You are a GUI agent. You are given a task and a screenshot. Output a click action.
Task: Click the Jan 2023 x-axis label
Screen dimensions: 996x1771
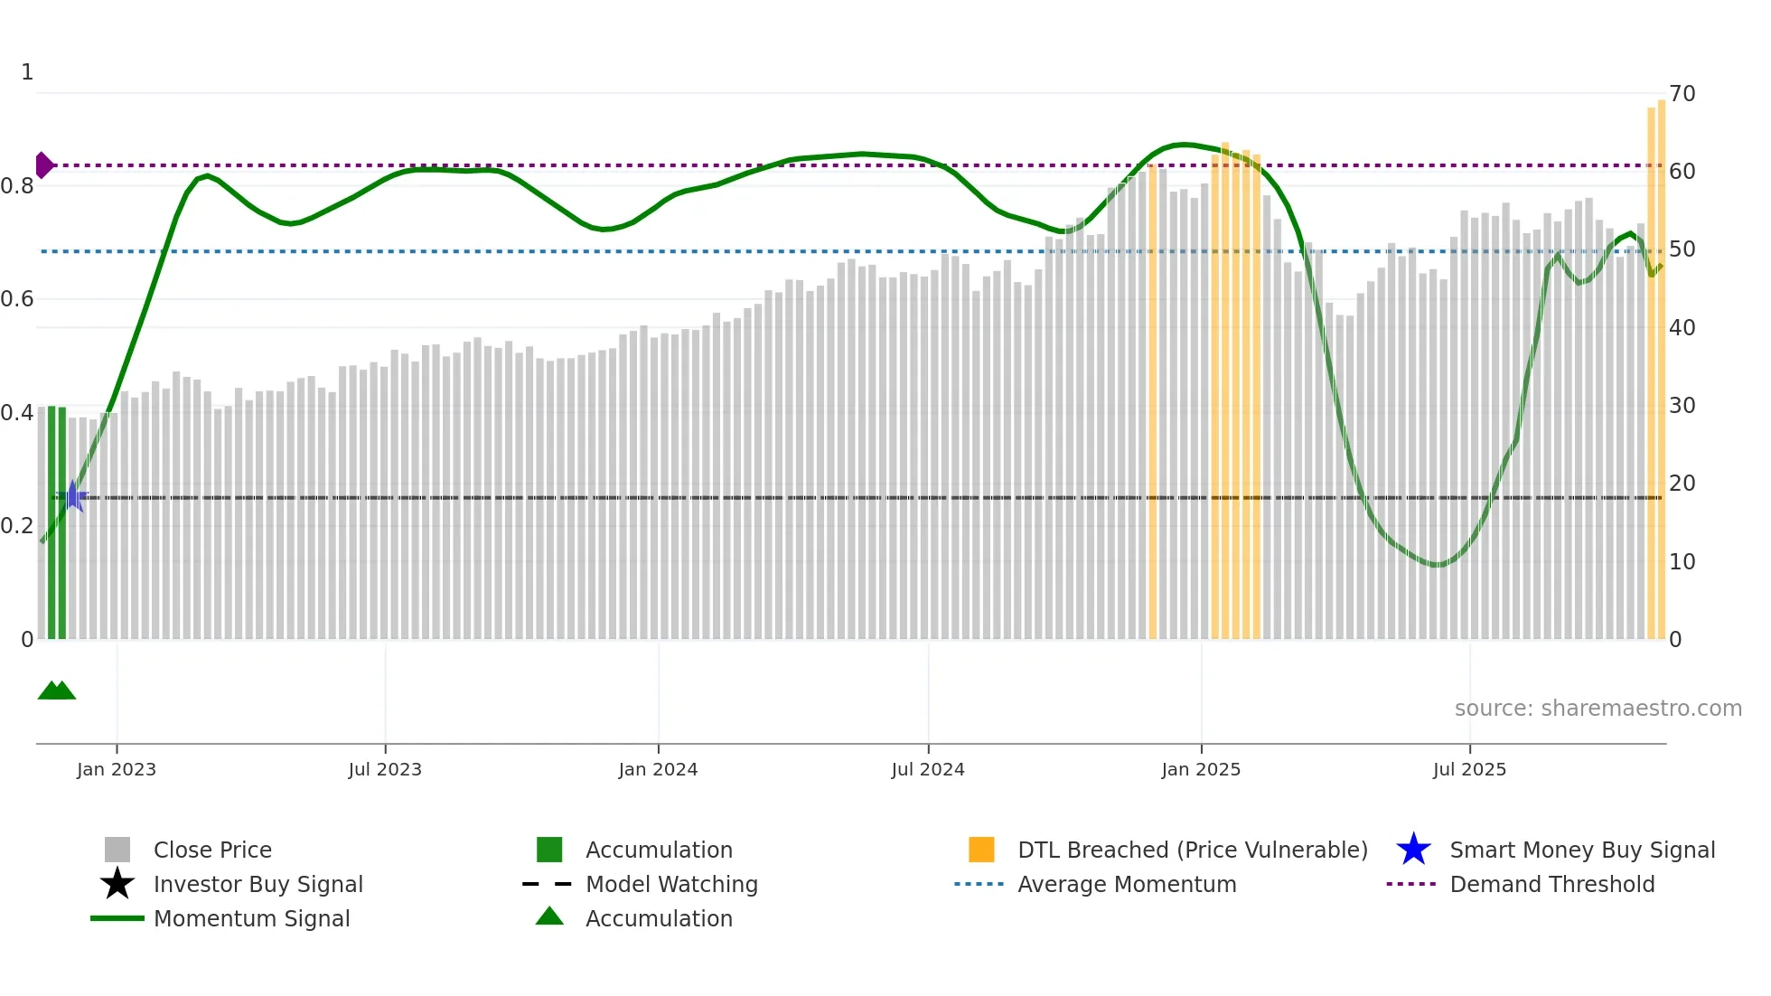[x=116, y=769]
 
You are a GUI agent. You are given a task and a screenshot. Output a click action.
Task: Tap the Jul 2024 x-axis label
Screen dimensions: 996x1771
[x=927, y=769]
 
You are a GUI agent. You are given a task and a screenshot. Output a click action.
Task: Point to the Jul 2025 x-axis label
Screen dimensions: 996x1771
[x=1469, y=769]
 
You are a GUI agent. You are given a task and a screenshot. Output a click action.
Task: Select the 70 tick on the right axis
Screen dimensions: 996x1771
[x=1682, y=94]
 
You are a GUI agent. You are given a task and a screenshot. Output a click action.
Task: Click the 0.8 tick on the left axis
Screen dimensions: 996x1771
[x=17, y=186]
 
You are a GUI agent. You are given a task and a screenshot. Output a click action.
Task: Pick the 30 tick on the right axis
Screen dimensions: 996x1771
[x=1682, y=406]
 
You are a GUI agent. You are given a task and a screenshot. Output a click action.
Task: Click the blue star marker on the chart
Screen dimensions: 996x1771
[x=73, y=496]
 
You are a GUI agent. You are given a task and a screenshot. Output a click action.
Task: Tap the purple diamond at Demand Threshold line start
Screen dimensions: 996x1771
[x=43, y=165]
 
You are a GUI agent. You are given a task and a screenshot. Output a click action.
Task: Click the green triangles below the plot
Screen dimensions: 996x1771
[x=57, y=691]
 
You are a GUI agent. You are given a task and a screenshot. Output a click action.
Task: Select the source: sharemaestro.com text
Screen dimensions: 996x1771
[x=1598, y=709]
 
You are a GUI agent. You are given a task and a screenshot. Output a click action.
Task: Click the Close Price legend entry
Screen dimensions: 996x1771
[x=212, y=850]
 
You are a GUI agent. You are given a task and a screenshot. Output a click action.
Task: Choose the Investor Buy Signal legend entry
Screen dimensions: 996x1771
[x=258, y=884]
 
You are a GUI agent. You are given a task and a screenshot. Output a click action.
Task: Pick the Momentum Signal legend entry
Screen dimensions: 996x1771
[x=251, y=918]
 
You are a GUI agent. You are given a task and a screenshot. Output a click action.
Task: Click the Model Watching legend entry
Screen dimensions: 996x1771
[x=671, y=884]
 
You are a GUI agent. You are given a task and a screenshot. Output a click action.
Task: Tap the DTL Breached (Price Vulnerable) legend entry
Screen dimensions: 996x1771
[x=1192, y=850]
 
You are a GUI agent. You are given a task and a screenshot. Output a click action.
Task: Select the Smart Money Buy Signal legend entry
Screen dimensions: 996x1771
[x=1581, y=850]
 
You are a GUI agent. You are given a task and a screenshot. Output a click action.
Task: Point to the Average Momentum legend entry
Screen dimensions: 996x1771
[x=1126, y=884]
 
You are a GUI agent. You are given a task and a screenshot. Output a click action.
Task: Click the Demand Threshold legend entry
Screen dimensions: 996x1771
[x=1551, y=884]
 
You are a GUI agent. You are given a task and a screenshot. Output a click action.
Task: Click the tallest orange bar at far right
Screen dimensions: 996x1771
[x=1662, y=362]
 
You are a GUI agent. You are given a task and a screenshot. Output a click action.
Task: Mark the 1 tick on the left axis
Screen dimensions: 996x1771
[x=27, y=72]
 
